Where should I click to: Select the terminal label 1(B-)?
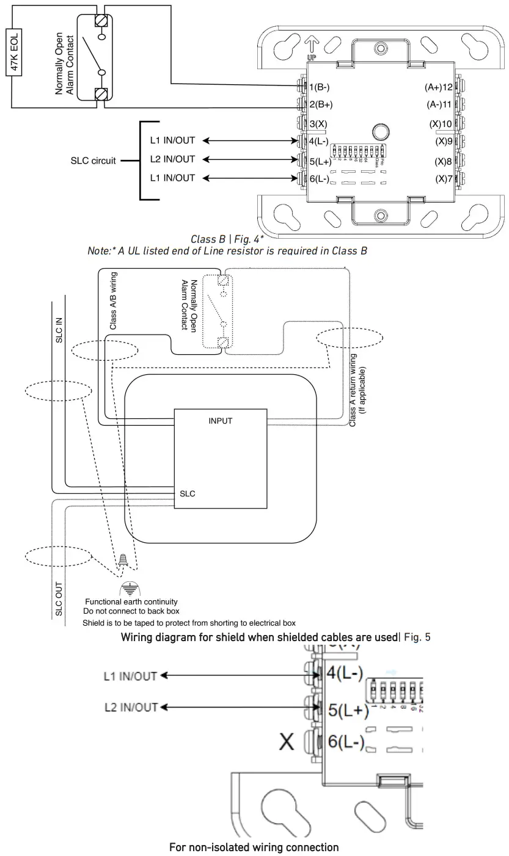click(320, 87)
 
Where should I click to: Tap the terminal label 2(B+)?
click(321, 104)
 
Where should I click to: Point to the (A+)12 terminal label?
click(438, 87)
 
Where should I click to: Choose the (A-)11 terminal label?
click(439, 104)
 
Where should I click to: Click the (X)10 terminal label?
click(441, 123)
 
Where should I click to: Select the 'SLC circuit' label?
click(93, 161)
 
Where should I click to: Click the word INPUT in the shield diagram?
click(220, 421)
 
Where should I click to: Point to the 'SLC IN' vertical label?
click(59, 329)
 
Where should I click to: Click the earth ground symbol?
click(128, 587)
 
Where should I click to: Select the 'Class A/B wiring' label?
click(113, 301)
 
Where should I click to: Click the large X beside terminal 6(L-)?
click(287, 742)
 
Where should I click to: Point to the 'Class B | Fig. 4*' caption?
click(225, 239)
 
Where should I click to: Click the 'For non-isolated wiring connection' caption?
click(254, 847)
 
